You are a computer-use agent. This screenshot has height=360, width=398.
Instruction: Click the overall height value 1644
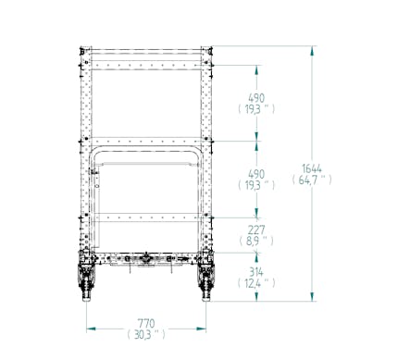tap(312, 168)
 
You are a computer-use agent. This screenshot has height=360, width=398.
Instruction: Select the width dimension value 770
tap(146, 324)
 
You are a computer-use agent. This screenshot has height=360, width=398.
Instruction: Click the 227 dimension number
tap(256, 230)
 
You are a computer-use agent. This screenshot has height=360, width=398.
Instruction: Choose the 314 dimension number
tap(256, 272)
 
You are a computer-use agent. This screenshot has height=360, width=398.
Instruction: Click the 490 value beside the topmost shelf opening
tap(256, 98)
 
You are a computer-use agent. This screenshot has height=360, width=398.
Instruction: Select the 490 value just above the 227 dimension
tap(256, 174)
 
